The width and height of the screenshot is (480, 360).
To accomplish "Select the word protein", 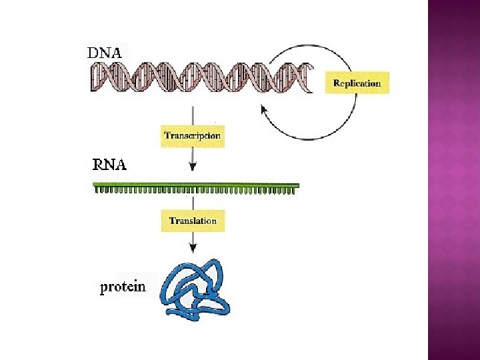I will click(123, 287).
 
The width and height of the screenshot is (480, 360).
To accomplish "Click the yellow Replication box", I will click(357, 83).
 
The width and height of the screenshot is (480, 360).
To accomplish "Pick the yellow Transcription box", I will click(192, 135).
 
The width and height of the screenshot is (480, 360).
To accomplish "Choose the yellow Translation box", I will click(193, 221).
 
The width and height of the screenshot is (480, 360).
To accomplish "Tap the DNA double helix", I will click(200, 77).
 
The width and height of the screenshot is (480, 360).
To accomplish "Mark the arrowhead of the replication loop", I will click(263, 108).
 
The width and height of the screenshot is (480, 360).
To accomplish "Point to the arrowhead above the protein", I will click(193, 248).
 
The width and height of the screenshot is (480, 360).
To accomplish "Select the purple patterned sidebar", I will click(453, 180).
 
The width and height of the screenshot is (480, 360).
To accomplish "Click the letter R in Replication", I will click(336, 84).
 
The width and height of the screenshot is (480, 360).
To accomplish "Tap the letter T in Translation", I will click(172, 221).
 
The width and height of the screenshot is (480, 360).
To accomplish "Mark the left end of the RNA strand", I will click(95, 186).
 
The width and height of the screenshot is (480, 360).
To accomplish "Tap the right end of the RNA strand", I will click(297, 186).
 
